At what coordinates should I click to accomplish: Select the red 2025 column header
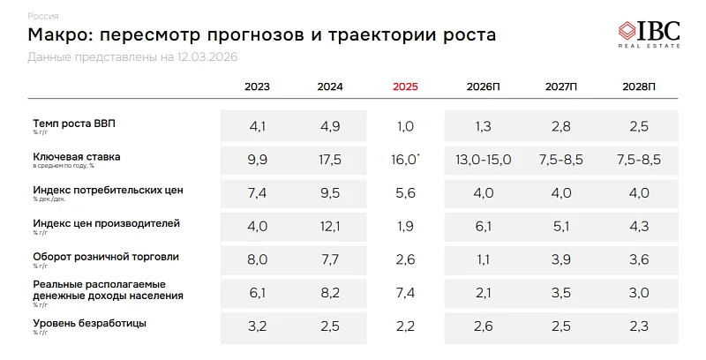click(405, 87)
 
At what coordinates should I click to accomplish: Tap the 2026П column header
click(484, 87)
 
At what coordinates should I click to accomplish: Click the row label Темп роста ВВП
click(74, 124)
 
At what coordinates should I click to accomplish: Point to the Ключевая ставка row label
click(77, 156)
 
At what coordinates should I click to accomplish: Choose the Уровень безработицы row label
click(90, 323)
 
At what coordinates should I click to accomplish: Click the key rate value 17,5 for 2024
click(330, 160)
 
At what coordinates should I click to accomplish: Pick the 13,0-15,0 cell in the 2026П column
click(484, 160)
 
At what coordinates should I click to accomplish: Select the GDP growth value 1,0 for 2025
click(405, 127)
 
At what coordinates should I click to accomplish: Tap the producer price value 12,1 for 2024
click(330, 227)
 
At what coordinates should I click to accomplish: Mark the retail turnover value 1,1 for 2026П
click(484, 260)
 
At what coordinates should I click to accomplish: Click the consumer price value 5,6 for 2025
click(405, 193)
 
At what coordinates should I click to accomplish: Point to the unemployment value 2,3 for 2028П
click(639, 327)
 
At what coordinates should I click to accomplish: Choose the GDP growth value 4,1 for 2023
click(258, 127)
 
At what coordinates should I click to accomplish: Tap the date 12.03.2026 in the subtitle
click(208, 57)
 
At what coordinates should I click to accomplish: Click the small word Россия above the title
click(44, 16)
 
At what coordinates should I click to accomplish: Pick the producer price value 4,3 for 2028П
click(639, 227)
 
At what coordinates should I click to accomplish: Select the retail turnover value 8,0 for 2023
click(258, 260)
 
